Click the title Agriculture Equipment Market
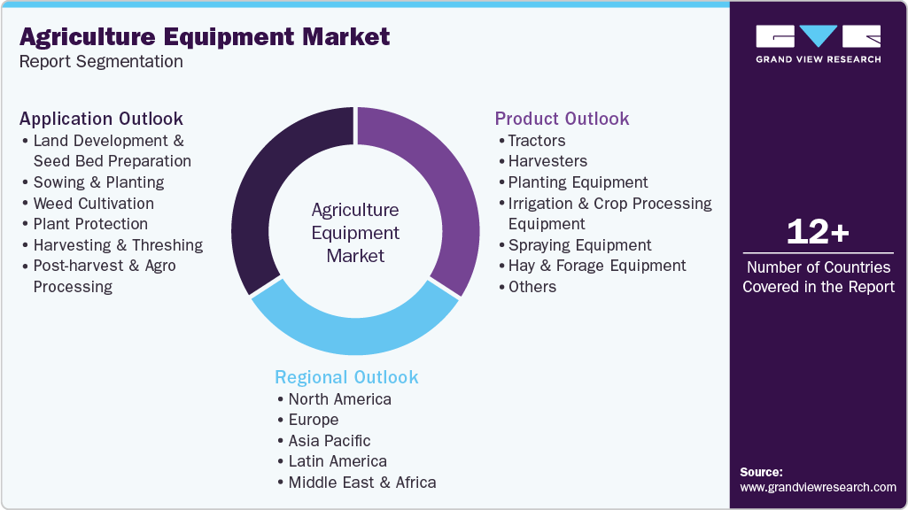pyautogui.click(x=204, y=37)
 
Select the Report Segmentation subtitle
pyautogui.click(x=101, y=62)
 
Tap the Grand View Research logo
pyautogui.click(x=818, y=43)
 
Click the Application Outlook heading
pyautogui.click(x=101, y=119)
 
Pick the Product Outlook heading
pyautogui.click(x=562, y=119)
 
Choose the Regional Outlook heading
pyautogui.click(x=346, y=377)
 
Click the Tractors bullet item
pyautogui.click(x=536, y=141)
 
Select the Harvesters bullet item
pyautogui.click(x=547, y=161)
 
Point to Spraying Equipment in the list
pyautogui.click(x=579, y=245)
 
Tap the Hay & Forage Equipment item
pyautogui.click(x=596, y=266)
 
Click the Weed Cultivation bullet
pyautogui.click(x=93, y=204)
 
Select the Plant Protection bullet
pyautogui.click(x=90, y=224)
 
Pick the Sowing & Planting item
pyautogui.click(x=98, y=182)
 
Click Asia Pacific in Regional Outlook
pyautogui.click(x=329, y=441)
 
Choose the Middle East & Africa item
pyautogui.click(x=361, y=483)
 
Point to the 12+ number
pyautogui.click(x=818, y=233)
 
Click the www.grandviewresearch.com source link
pyautogui.click(x=818, y=487)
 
